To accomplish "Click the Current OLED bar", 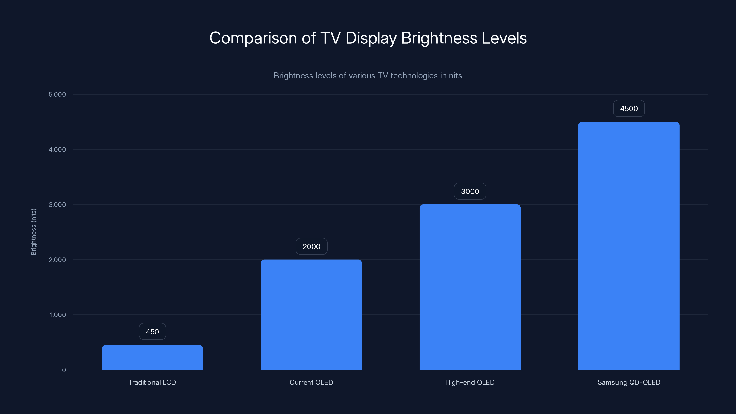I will click(x=311, y=315).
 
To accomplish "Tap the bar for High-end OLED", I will click(x=470, y=287).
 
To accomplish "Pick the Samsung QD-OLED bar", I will click(x=629, y=246).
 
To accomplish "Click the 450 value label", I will click(x=152, y=331).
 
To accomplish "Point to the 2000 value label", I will click(x=311, y=246).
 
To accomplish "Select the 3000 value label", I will click(x=470, y=191).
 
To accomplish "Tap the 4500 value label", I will click(x=629, y=108).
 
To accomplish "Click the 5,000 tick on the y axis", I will click(x=57, y=94).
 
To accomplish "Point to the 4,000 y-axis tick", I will click(x=57, y=149).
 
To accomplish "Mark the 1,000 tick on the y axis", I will click(x=58, y=315).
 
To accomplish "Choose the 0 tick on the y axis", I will click(x=64, y=370).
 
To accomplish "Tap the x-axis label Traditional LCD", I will click(x=152, y=382).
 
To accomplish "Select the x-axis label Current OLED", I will click(x=311, y=382).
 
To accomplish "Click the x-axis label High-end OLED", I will click(x=470, y=382).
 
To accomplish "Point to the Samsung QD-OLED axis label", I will click(x=629, y=382).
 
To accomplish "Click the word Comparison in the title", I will click(x=253, y=38).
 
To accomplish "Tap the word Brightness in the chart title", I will click(x=439, y=38).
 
